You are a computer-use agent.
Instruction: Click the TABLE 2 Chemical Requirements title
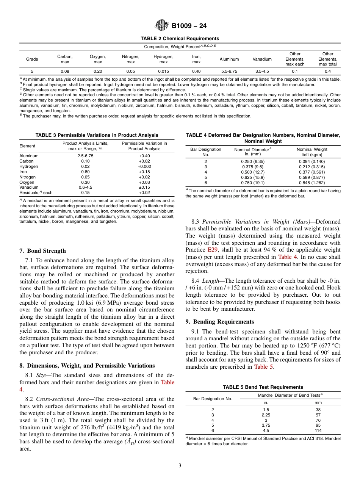pyautogui.click(x=180, y=39)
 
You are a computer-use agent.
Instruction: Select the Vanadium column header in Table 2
pyautogui.click(x=262, y=59)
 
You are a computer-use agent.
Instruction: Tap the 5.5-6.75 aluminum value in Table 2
pyautogui.click(x=229, y=71)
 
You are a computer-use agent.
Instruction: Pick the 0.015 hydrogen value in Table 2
pyautogui.click(x=163, y=71)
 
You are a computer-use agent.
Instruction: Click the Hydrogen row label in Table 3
pyautogui.click(x=29, y=166)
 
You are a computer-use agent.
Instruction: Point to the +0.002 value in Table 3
pyautogui.click(x=144, y=166)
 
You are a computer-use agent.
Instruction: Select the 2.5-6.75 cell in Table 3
pyautogui.click(x=85, y=156)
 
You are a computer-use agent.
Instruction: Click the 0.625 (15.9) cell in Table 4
pyautogui.click(x=253, y=177)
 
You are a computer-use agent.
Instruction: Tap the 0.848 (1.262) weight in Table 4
pyautogui.click(x=311, y=182)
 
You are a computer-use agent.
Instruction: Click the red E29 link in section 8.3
pyautogui.click(x=212, y=250)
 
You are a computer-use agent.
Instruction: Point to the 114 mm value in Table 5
pyautogui.click(x=318, y=430)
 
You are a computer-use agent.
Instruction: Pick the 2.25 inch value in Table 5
pyautogui.click(x=266, y=415)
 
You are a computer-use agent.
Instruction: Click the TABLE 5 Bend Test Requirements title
pyautogui.click(x=263, y=387)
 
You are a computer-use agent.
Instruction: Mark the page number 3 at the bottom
pyautogui.click(x=180, y=466)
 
